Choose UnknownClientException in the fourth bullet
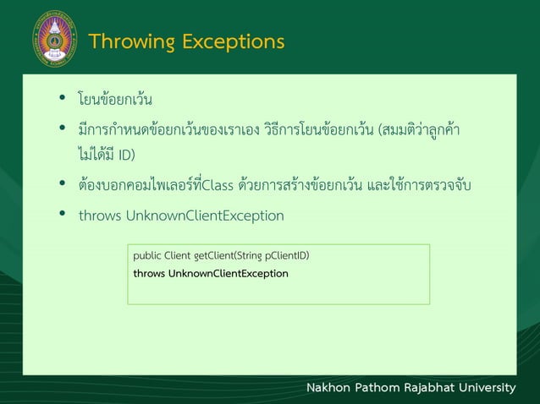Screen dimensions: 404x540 point(205,216)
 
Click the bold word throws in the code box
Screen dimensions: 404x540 point(149,274)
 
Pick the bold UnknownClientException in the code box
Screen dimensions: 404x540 point(229,274)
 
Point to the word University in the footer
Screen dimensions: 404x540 point(496,388)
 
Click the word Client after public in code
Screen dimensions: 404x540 point(178,255)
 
